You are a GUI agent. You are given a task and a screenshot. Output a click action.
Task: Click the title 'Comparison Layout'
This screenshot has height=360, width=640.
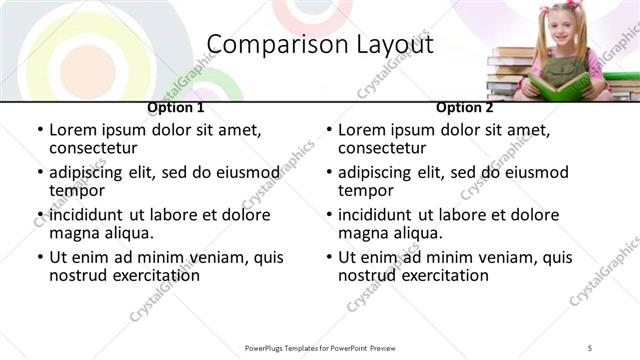320,45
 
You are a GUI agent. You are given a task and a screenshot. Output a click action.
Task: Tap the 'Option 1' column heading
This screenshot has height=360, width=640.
176,108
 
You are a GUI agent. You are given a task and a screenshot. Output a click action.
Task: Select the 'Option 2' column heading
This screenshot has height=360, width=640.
464,108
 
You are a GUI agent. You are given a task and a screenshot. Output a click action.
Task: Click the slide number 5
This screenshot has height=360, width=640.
591,347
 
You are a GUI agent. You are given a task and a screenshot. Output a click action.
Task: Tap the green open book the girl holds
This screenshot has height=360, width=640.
559,86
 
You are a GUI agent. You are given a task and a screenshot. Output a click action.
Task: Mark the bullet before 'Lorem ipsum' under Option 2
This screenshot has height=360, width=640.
329,131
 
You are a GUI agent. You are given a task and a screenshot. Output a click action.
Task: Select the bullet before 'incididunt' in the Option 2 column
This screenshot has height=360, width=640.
329,216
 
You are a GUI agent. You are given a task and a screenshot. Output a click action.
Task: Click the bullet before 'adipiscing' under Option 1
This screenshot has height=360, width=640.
40,173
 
